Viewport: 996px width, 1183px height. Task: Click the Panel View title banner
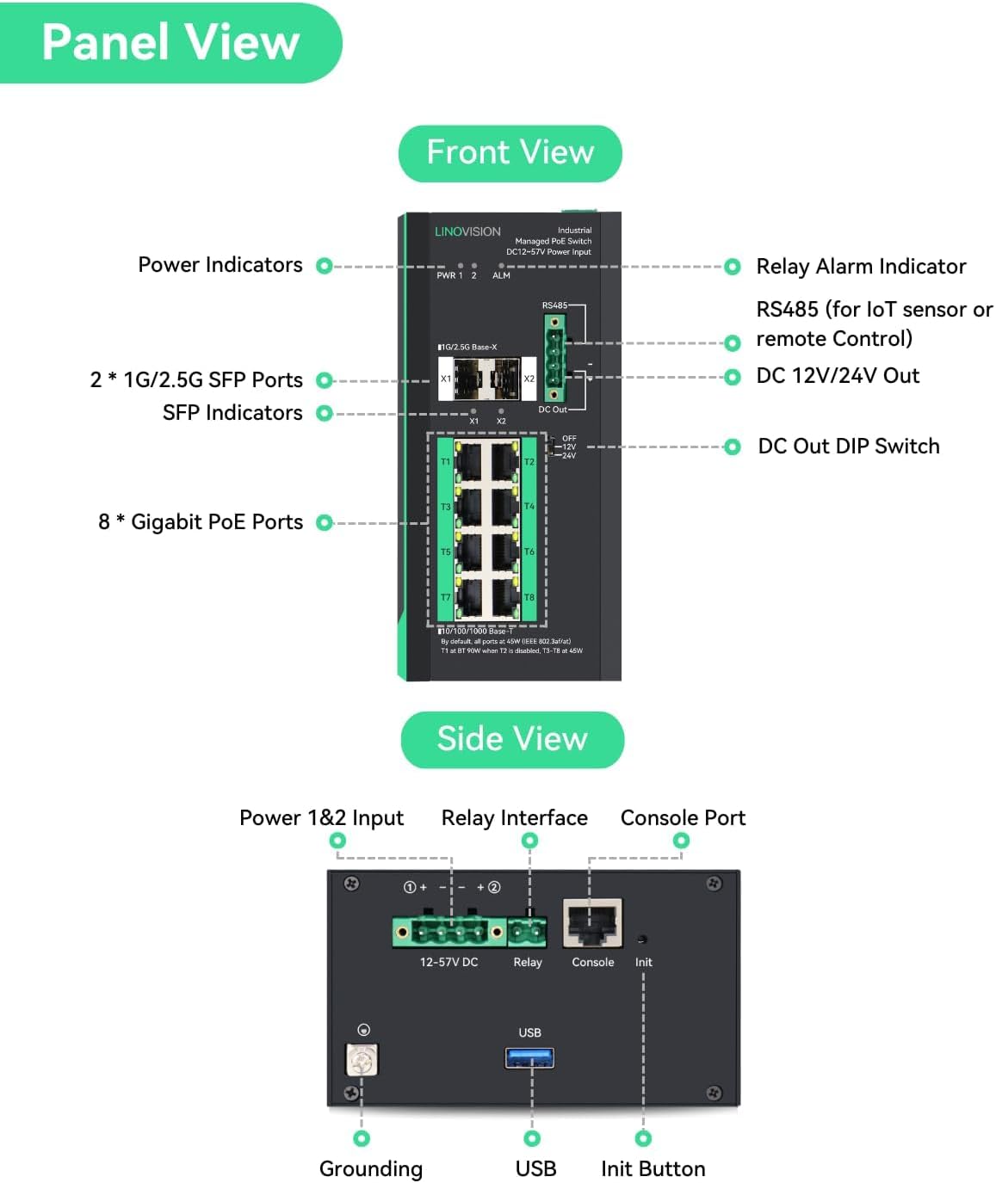pyautogui.click(x=170, y=42)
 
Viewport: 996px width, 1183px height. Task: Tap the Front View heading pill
pyautogui.click(x=510, y=153)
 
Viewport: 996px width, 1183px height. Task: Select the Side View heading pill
pyautogui.click(x=512, y=739)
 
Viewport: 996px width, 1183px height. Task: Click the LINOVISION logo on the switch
pyautogui.click(x=467, y=231)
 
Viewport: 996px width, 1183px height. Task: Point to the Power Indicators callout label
pyautogui.click(x=220, y=265)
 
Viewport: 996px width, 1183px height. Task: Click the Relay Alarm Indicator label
pyautogui.click(x=860, y=267)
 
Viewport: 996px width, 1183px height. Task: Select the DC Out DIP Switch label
pyautogui.click(x=848, y=447)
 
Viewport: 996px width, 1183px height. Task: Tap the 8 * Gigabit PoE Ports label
pyautogui.click(x=201, y=522)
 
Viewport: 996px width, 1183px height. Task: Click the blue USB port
pyautogui.click(x=529, y=1057)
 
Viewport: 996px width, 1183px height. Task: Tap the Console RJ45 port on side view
pyautogui.click(x=592, y=924)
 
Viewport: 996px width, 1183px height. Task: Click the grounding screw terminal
pyautogui.click(x=362, y=1059)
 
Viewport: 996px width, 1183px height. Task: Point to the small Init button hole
pyautogui.click(x=642, y=940)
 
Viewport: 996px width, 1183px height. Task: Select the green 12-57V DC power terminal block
pyautogui.click(x=449, y=931)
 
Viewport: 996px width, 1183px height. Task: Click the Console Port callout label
pyautogui.click(x=683, y=818)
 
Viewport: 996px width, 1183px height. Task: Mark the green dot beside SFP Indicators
pyautogui.click(x=325, y=413)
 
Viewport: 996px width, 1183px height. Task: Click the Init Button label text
pyautogui.click(x=653, y=1169)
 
